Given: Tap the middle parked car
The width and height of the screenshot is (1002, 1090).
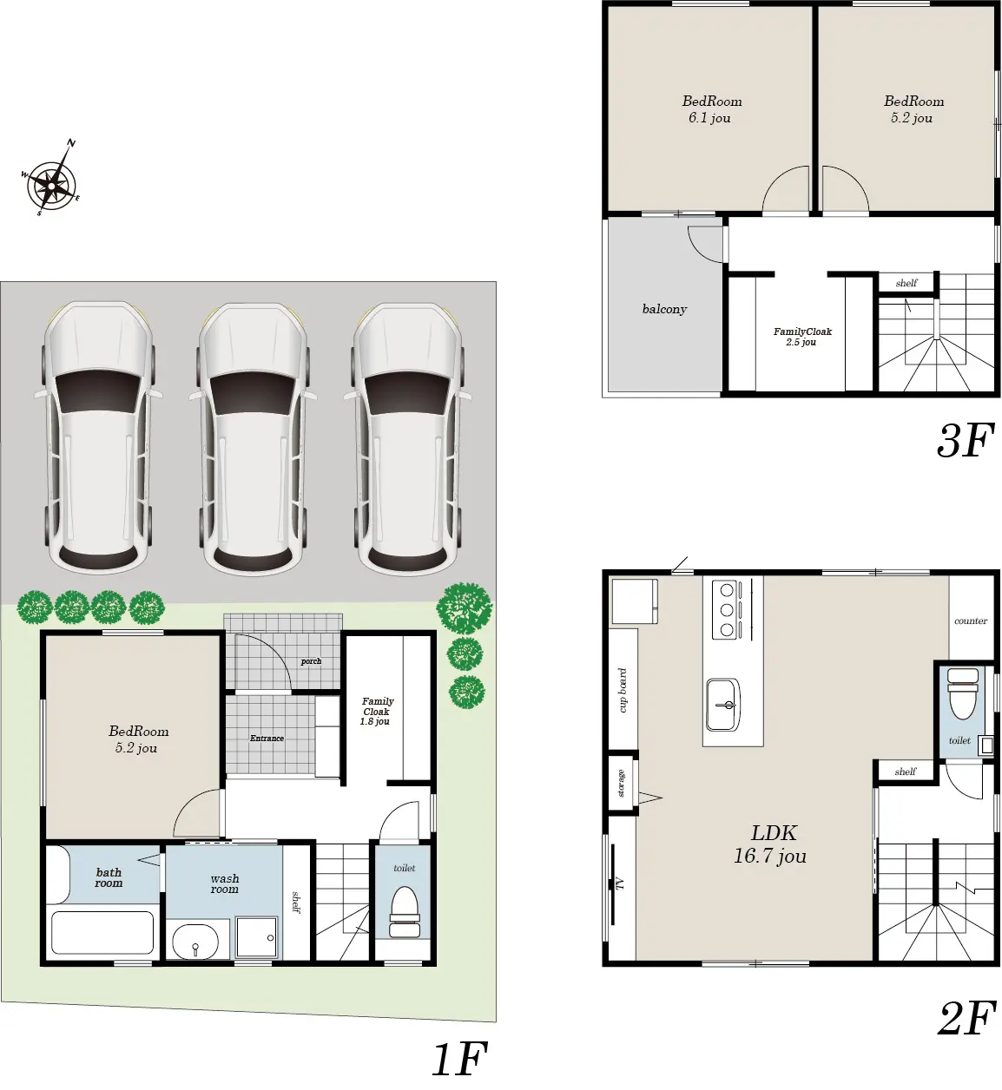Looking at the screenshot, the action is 253,438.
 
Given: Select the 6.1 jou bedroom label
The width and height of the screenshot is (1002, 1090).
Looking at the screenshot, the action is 711,109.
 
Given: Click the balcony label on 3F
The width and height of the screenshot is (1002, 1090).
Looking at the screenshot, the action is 664,309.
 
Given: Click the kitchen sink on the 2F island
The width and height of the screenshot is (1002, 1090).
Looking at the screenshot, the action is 722,705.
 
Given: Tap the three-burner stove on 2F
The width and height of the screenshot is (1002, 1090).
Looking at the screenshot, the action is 728,610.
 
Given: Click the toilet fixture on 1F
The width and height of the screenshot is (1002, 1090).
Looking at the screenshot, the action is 405,913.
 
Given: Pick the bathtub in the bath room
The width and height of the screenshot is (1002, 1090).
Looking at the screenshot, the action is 102,932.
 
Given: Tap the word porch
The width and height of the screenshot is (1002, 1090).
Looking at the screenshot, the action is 311,661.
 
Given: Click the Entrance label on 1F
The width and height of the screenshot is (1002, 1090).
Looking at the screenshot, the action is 267,738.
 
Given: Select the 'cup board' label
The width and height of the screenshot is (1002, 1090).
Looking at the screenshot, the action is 623,690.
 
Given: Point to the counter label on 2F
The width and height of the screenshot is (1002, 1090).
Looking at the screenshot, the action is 971,621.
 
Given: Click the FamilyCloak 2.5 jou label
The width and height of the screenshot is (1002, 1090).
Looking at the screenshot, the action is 802,337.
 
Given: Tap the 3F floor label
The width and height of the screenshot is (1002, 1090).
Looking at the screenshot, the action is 966,441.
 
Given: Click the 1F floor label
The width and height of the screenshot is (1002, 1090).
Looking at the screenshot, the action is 460,1059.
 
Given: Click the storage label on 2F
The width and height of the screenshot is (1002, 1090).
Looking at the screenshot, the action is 621,783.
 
